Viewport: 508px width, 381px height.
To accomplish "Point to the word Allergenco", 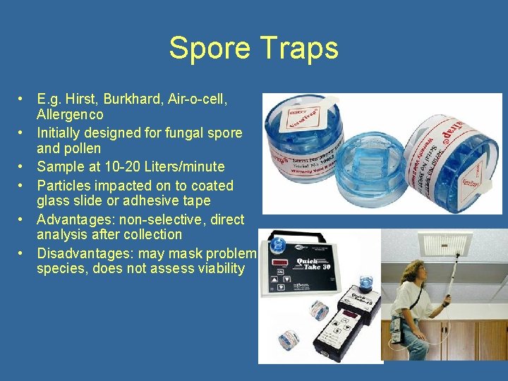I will pos(70,114).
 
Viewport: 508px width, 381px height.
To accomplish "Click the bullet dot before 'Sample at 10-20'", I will pos(23,167).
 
